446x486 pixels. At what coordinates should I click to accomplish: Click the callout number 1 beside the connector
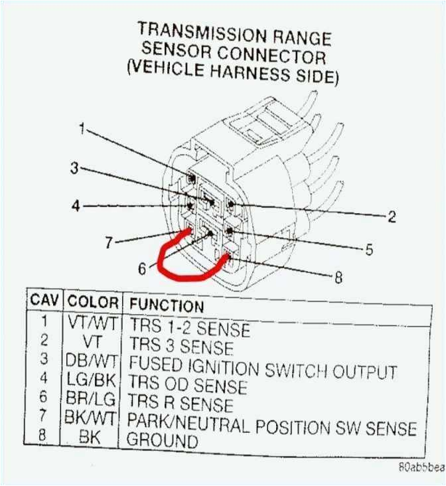pos(82,128)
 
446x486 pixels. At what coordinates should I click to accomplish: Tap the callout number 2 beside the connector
pos(392,216)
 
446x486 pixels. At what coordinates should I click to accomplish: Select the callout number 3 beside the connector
pos(74,168)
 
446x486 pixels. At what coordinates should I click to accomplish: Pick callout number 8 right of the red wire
pos(338,278)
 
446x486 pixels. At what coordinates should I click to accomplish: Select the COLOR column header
pos(93,303)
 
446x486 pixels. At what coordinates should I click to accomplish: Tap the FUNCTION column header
pos(166,305)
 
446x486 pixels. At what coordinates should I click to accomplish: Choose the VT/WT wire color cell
pos(92,323)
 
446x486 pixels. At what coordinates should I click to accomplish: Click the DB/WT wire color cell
pos(92,361)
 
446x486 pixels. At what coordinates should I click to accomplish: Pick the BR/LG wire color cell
pos(92,400)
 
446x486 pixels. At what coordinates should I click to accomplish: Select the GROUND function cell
pos(162,440)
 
